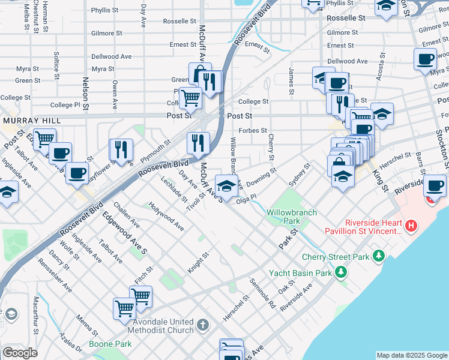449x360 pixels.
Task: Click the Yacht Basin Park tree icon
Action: pos(341,273)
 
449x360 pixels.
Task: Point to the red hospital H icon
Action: pos(411,226)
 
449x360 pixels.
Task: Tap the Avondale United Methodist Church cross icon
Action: pos(203,326)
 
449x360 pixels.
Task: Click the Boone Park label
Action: pos(110,344)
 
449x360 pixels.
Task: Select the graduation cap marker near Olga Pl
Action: pos(226,186)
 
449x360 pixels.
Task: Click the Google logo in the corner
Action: pos(20,352)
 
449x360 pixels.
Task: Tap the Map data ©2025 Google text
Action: pos(412,355)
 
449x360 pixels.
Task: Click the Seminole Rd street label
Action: pos(263,295)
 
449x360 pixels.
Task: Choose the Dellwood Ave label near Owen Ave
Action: pos(111,56)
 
